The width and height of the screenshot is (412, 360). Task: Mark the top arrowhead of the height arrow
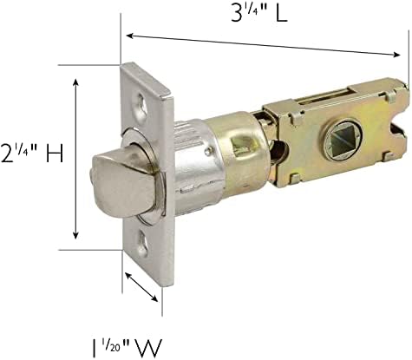tap(76, 81)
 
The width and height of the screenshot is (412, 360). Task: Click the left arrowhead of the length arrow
tap(129, 36)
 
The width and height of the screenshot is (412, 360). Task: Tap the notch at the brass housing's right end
tap(396, 128)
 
